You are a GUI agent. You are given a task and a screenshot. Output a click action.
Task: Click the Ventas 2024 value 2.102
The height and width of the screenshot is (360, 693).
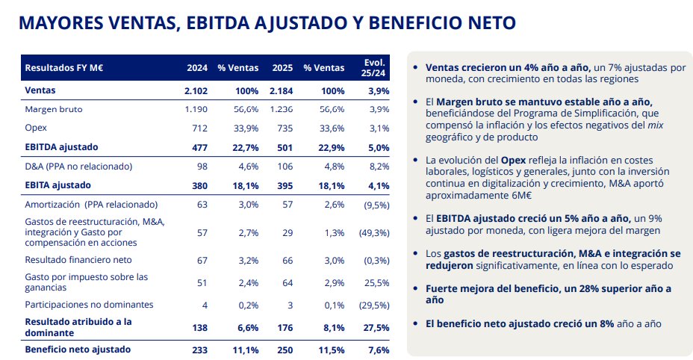[196, 90]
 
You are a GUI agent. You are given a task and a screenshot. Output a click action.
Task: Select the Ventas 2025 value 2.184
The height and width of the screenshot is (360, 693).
[282, 90]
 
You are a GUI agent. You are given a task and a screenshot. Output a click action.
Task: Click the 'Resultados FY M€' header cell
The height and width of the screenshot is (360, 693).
[63, 67]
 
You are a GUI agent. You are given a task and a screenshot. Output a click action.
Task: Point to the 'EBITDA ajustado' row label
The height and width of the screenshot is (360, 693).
[62, 147]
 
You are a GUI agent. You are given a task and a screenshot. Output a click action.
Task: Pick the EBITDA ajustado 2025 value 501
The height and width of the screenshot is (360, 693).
[285, 147]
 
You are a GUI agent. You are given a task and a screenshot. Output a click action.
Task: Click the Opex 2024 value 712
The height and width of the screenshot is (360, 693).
[199, 128]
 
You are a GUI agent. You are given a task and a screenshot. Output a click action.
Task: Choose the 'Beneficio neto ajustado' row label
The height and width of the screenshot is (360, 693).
[78, 349]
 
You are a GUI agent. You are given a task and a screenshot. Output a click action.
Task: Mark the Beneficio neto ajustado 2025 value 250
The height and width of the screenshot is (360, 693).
[285, 349]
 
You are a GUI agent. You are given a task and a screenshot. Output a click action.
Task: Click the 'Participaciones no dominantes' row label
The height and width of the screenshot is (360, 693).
[88, 305]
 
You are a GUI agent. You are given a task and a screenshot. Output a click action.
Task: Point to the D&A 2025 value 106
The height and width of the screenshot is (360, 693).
[285, 166]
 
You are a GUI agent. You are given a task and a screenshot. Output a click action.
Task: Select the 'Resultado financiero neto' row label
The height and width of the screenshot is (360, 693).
[78, 260]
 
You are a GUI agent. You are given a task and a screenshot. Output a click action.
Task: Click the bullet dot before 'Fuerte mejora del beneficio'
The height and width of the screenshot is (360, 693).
[415, 288]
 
